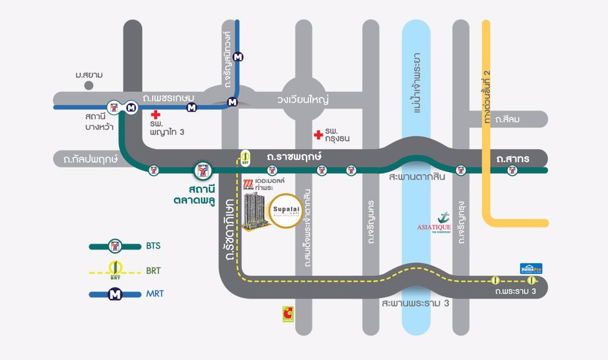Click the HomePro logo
coord(530,268)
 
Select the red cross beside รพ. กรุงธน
coord(318,135)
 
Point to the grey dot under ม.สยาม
coord(89,85)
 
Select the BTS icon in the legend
coord(115,246)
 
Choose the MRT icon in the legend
coord(115,294)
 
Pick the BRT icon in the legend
coord(115,269)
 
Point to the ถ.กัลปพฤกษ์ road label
coord(86,158)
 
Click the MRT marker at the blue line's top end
coord(239,56)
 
